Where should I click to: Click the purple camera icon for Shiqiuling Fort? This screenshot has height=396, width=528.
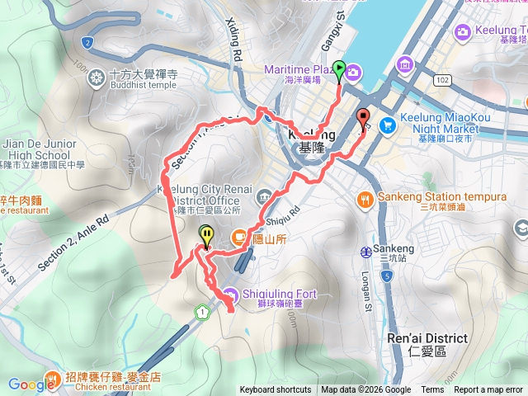pyautogui.click(x=229, y=294)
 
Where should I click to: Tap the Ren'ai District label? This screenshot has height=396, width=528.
pyautogui.click(x=427, y=338)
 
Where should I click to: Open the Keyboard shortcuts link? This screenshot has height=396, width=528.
pyautogui.click(x=276, y=390)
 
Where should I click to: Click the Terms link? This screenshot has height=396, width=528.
pyautogui.click(x=432, y=390)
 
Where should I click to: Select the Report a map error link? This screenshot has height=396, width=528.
pyautogui.click(x=488, y=390)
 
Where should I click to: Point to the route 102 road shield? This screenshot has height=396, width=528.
pyautogui.click(x=443, y=79)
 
